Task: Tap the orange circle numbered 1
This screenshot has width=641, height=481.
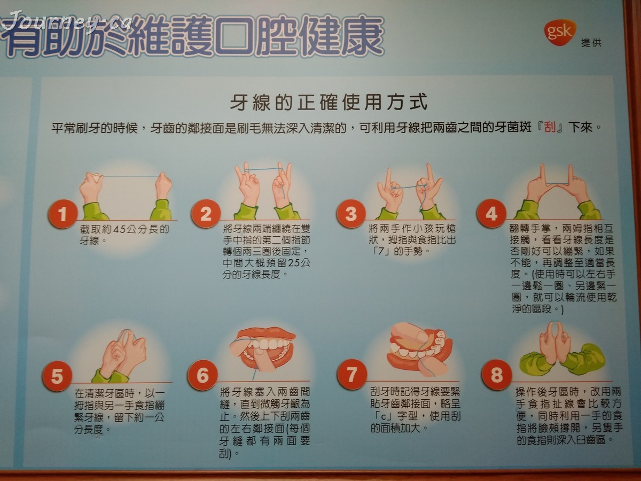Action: point(62,214)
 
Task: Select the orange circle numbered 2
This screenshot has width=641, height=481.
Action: point(206,214)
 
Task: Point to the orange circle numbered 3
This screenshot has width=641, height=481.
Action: point(351,214)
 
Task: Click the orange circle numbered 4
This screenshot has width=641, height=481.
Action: point(491,214)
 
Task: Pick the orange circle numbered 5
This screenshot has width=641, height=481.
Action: point(57,376)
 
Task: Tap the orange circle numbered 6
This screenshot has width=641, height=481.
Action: point(202,375)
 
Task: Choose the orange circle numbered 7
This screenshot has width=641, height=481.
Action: point(351,374)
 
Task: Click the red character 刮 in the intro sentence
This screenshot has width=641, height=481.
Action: point(550,128)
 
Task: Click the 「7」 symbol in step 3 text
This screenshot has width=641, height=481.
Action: point(380,251)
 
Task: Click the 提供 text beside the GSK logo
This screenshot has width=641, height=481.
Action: point(591,43)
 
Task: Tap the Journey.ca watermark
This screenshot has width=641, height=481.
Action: point(67,21)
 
